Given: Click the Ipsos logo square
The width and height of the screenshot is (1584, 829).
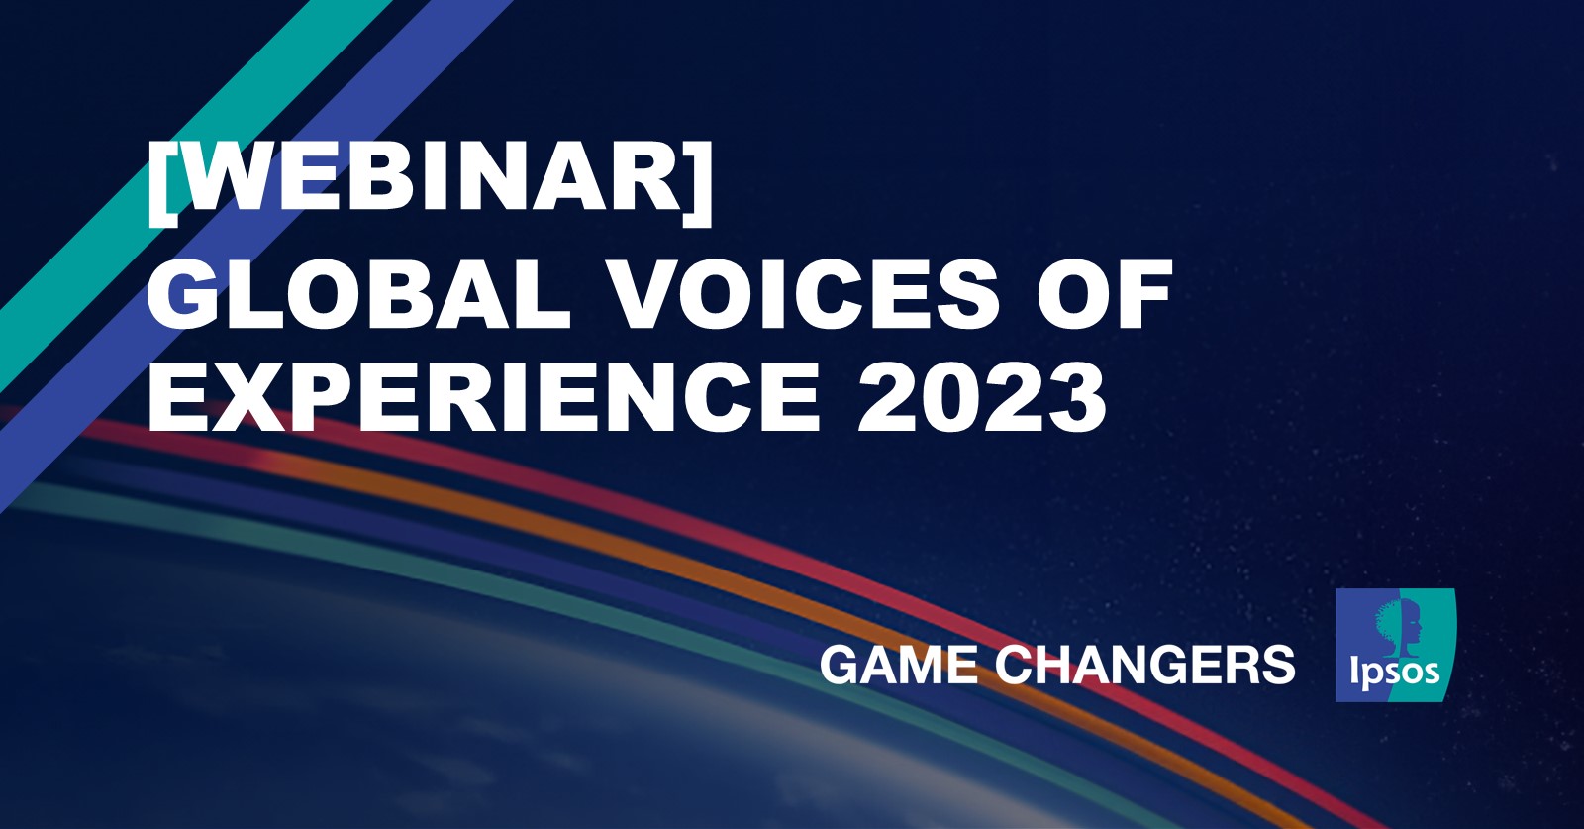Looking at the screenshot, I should coord(1395,645).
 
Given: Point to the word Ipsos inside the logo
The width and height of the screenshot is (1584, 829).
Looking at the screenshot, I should coord(1394,673).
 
